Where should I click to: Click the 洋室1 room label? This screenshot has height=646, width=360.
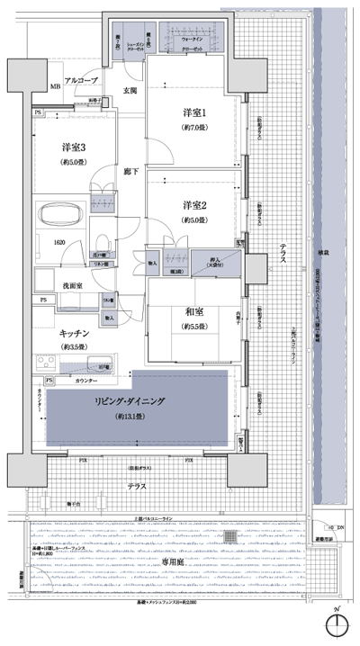[x=195, y=112]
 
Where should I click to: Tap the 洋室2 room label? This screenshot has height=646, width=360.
[x=195, y=204]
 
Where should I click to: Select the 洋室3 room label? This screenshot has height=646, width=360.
[x=75, y=147]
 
